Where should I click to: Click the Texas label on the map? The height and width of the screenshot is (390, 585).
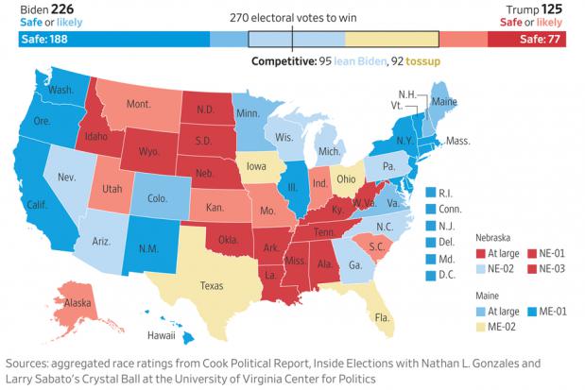coord(212,285)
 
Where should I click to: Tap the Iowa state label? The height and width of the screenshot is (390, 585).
coord(256,166)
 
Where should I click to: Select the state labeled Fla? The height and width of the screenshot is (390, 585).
coord(382,317)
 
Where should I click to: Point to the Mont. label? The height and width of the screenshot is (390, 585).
coord(139,104)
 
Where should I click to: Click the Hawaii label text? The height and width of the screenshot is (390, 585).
coord(162,335)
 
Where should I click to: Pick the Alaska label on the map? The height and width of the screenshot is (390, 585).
coord(77,302)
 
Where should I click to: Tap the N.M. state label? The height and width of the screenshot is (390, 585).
coord(148,248)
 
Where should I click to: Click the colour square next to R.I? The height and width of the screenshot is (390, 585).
coord(431,193)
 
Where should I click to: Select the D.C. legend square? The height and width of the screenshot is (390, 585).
coord(431,275)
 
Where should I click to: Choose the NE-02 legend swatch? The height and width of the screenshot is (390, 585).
coord(481,268)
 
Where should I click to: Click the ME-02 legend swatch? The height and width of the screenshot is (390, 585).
coord(481,327)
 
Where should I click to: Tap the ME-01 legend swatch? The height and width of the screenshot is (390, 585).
coord(532,312)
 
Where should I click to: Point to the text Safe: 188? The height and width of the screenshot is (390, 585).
coord(44,39)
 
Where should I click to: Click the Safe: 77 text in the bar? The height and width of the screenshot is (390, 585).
coord(540,39)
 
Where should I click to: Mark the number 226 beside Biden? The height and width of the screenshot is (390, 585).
coord(62,9)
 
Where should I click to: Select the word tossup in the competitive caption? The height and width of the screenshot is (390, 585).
coord(423,61)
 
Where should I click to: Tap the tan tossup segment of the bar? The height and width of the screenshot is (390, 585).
coord(392,39)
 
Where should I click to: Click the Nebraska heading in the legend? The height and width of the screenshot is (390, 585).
coord(492,238)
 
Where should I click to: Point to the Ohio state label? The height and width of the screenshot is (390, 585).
coord(346,179)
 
